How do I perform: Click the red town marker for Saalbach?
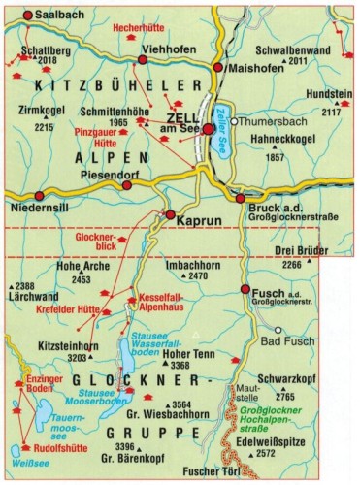27,16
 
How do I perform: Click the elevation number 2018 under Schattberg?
48,60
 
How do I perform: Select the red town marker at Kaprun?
170,215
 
